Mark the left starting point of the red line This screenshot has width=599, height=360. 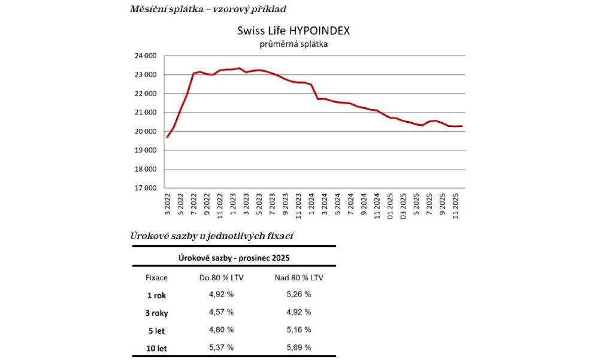(167, 137)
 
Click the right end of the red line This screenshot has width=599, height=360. (462, 126)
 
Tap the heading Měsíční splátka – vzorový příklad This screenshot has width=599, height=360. (208, 9)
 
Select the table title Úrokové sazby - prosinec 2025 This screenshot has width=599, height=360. (233, 257)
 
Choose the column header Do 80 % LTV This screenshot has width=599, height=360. (221, 278)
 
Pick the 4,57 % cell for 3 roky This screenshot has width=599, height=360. (221, 312)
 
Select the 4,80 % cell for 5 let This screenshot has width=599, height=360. (221, 329)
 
